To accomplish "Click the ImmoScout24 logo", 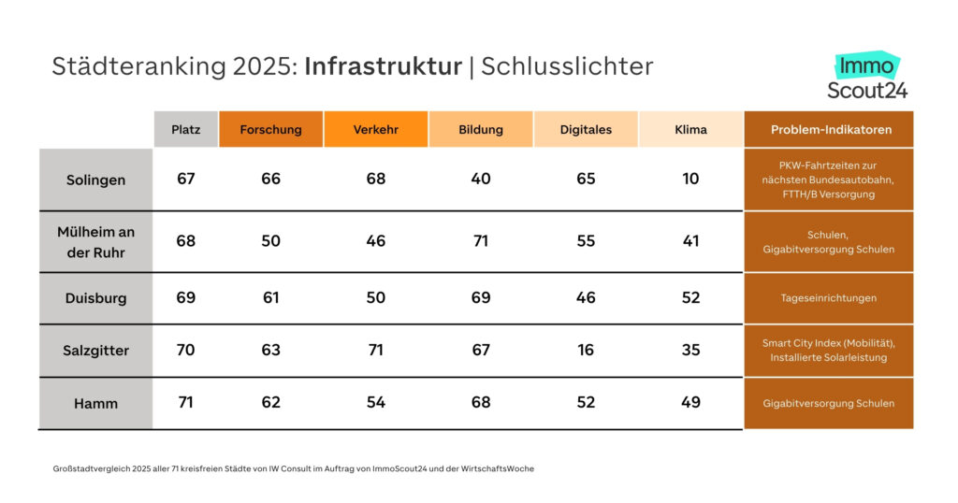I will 867,77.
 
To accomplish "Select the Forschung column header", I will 270,130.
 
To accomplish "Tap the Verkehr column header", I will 375,130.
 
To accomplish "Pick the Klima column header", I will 690,130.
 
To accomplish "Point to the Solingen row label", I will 95,180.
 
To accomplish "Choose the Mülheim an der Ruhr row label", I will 95,242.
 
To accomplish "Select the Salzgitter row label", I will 95,351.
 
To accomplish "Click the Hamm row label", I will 95,404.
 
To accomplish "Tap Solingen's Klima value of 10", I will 690,179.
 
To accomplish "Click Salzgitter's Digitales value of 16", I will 586,351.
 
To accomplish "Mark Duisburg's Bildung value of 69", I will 481,298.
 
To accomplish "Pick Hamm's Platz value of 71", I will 185,403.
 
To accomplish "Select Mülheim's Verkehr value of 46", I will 375,241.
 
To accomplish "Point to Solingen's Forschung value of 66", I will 270,179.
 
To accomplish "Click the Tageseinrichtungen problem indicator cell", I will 829,298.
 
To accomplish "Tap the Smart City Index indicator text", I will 829,343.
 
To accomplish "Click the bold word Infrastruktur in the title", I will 383,66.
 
